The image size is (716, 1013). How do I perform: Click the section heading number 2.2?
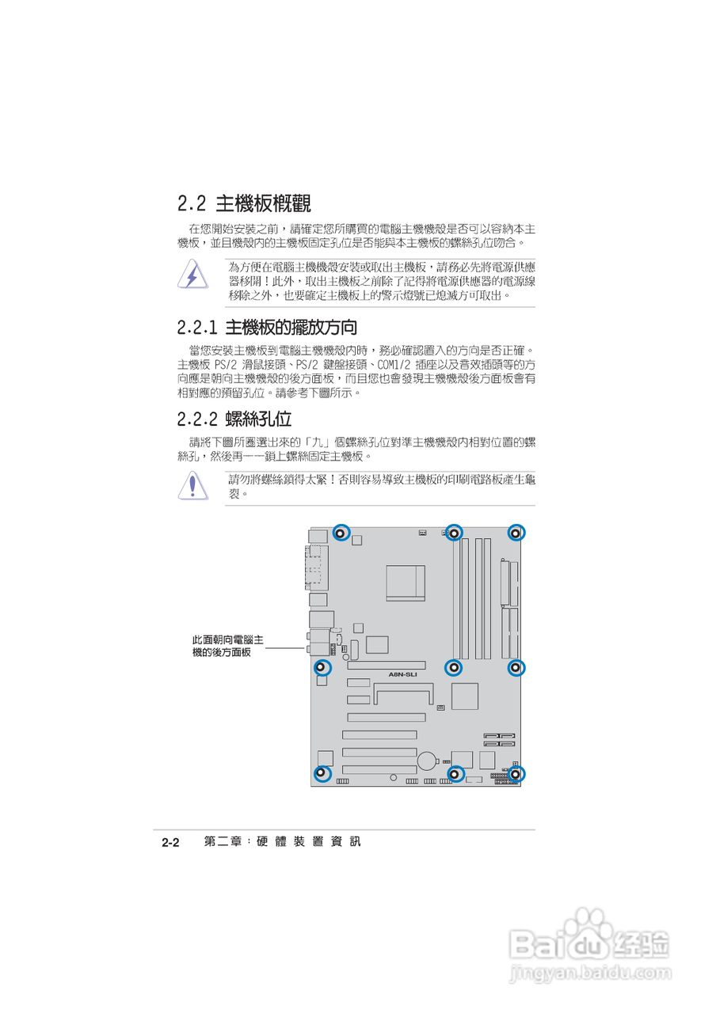click(192, 204)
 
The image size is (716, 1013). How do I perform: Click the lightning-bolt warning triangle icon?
click(192, 275)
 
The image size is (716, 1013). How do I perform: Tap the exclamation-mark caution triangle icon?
click(192, 484)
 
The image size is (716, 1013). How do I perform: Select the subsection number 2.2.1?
click(198, 327)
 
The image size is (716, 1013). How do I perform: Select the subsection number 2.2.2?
click(198, 419)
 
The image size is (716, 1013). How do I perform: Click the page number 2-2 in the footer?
click(172, 842)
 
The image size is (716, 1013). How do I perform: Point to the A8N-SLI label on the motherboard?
click(402, 674)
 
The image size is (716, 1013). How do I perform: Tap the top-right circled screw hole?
click(515, 533)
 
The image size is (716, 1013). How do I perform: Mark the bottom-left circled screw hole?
click(321, 773)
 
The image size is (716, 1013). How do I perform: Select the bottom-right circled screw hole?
click(515, 773)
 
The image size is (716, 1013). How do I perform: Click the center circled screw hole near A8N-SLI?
click(454, 668)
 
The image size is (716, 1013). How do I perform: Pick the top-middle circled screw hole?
click(454, 533)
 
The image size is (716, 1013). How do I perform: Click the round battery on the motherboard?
click(428, 760)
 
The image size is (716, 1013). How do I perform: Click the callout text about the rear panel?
click(228, 645)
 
